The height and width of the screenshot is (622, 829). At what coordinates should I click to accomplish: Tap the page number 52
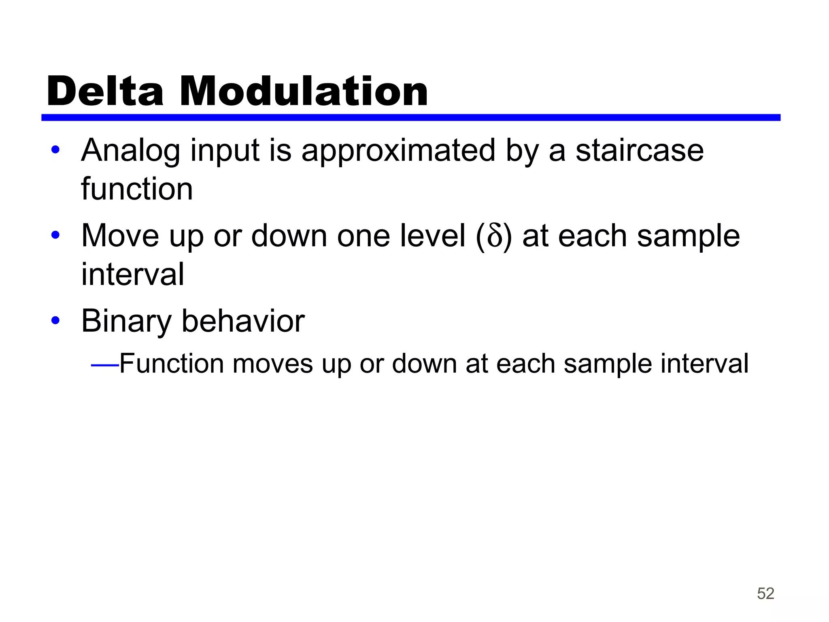(765, 594)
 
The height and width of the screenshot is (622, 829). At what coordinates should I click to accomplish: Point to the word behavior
(243, 321)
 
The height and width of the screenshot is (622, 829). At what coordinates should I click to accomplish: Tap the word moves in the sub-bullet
(272, 364)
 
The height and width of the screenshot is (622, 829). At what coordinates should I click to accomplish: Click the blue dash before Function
(105, 366)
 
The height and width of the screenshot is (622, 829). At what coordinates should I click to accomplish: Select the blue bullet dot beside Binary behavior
(55, 321)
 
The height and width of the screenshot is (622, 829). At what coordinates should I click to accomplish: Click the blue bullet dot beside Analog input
(55, 150)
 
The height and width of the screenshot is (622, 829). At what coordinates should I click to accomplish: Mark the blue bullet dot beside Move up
(55, 235)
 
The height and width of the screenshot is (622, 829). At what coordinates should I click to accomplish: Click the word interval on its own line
(132, 274)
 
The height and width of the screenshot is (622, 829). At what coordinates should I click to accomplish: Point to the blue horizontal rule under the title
(410, 117)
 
